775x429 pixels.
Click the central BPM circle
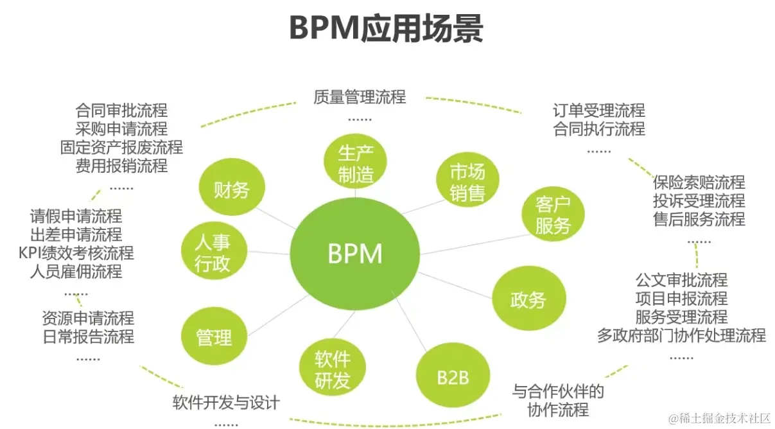(355, 254)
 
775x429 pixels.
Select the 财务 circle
(231, 189)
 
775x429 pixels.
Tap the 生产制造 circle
(356, 164)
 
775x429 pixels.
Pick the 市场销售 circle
(467, 182)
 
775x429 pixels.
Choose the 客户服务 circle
(552, 215)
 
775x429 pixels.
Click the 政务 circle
(528, 299)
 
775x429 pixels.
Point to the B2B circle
(453, 377)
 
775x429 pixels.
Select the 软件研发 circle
(333, 371)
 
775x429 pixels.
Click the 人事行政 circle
(213, 253)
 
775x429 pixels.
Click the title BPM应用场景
(387, 28)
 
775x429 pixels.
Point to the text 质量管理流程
(360, 97)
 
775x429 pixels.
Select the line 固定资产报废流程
(121, 147)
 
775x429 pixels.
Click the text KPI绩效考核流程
(76, 252)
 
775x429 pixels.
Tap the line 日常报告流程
(88, 336)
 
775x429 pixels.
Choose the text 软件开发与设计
(226, 403)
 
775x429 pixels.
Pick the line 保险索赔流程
(699, 182)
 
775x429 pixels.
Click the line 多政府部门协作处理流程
(681, 335)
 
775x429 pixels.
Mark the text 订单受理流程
(599, 110)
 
